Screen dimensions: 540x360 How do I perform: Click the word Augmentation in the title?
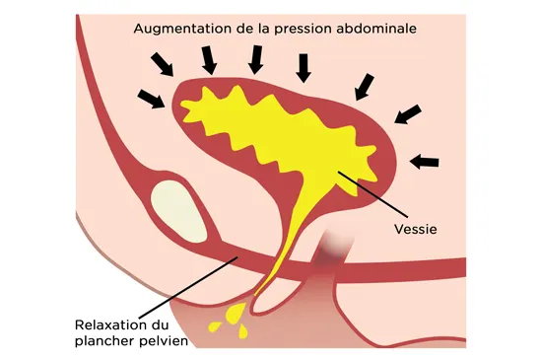(183, 29)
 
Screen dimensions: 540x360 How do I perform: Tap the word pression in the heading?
(304, 30)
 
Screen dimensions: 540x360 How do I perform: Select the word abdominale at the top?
(376, 29)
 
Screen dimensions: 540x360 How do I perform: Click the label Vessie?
(416, 229)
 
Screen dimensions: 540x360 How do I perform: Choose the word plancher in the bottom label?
(104, 341)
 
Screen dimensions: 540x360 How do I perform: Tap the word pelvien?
(164, 341)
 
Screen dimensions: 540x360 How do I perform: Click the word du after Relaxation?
(161, 324)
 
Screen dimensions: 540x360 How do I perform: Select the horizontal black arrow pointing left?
(425, 162)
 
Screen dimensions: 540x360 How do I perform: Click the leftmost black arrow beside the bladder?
(151, 99)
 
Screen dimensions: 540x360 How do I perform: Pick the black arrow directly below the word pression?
(304, 68)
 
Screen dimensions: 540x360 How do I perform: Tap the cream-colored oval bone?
(178, 211)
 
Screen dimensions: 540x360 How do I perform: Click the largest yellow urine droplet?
(236, 313)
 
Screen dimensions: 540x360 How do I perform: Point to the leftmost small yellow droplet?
(215, 326)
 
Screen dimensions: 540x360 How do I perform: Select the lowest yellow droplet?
(243, 331)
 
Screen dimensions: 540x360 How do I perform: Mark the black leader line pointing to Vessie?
(372, 194)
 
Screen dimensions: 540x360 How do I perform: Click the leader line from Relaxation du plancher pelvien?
(188, 287)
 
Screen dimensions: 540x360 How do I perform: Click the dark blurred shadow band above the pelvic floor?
(329, 252)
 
